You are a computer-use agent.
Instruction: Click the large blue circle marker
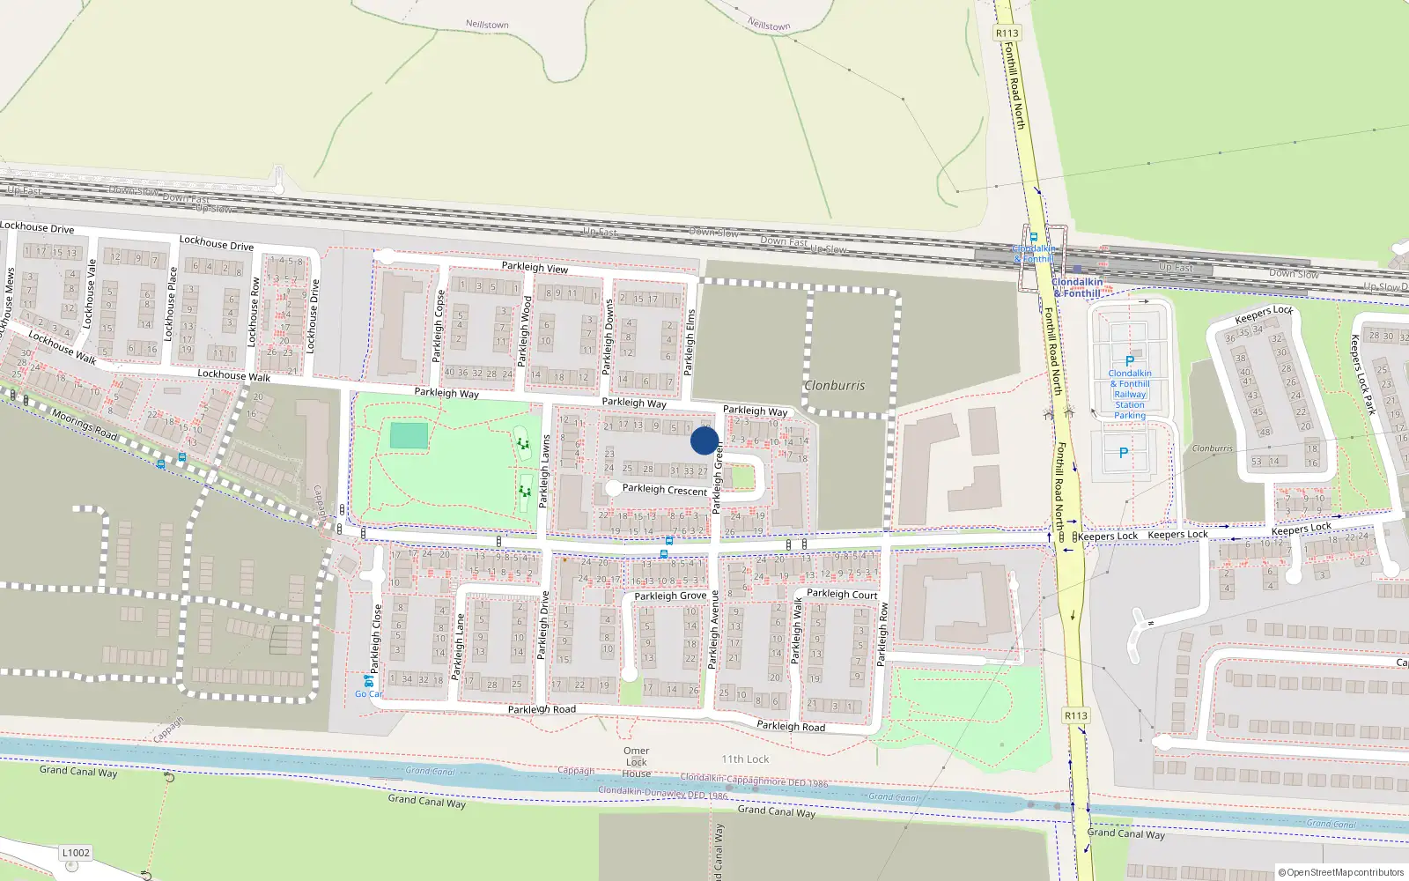click(704, 440)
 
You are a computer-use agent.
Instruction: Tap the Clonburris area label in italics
click(834, 386)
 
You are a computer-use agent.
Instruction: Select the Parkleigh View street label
click(535, 267)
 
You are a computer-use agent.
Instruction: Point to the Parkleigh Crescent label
click(665, 490)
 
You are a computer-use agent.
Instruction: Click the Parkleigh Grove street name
click(670, 596)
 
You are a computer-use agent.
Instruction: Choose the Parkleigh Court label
click(842, 594)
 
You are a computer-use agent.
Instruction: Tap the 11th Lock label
click(745, 759)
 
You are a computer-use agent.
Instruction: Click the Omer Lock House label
click(637, 762)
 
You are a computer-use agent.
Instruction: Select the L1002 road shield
click(76, 853)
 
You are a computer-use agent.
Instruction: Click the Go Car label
click(369, 694)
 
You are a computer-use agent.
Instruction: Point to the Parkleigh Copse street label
click(438, 326)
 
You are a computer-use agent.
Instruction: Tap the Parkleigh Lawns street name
click(544, 470)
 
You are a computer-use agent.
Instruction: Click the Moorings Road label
click(85, 425)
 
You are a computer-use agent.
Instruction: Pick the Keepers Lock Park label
click(1362, 374)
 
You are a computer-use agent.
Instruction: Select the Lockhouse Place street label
click(170, 304)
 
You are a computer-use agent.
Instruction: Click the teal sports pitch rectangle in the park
click(409, 435)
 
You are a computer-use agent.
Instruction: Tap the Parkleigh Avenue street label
click(713, 630)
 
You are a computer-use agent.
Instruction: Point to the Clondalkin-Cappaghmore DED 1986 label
click(754, 781)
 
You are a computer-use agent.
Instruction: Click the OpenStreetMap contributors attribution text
click(1342, 872)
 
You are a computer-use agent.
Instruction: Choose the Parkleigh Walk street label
click(797, 631)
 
